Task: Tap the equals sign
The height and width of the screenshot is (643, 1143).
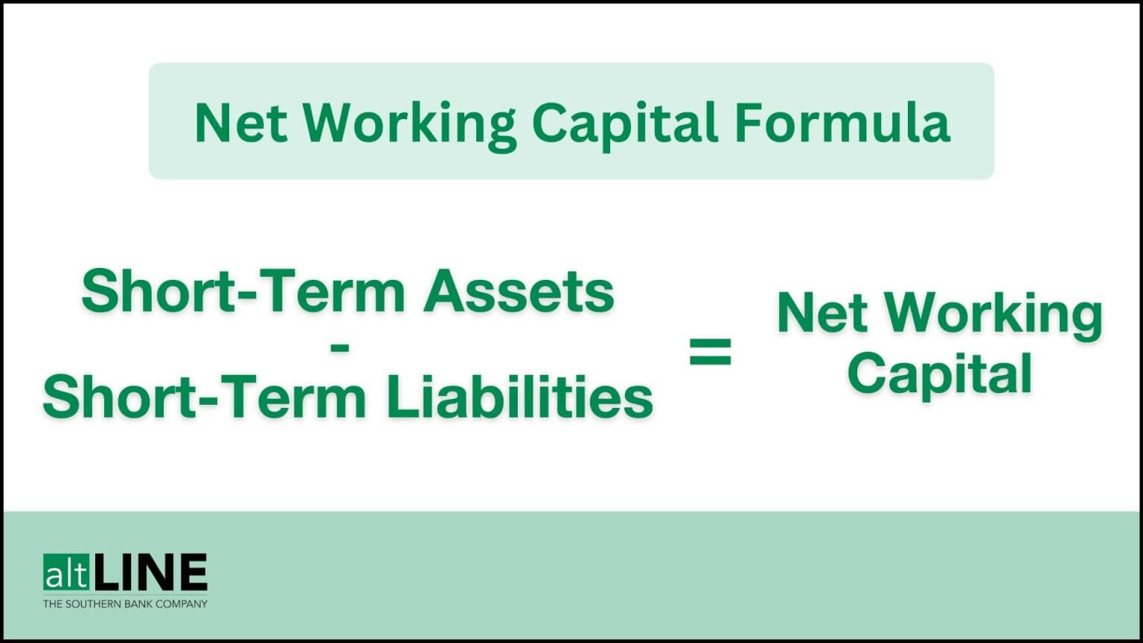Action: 710,353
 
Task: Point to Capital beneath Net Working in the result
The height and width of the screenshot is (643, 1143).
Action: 939,374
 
